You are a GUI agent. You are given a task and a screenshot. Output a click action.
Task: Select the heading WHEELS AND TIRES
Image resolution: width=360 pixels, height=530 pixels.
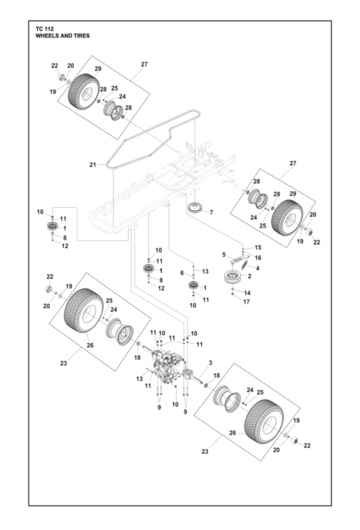coord(63,36)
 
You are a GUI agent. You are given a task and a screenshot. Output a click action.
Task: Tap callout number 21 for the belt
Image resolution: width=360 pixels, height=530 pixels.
coord(92,165)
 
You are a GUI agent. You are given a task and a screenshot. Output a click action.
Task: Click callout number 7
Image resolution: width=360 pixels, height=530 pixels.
coord(211,213)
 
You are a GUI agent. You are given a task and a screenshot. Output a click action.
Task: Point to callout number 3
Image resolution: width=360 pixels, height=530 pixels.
coord(210,363)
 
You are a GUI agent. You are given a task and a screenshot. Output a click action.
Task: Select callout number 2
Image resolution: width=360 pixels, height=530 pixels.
coord(250,276)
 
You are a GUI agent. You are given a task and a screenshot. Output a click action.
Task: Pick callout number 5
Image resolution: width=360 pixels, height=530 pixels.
coord(224,255)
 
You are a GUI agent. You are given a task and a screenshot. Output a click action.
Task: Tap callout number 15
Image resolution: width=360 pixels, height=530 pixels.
coord(258,248)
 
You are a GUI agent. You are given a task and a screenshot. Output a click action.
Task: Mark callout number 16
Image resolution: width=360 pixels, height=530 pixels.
coord(258,258)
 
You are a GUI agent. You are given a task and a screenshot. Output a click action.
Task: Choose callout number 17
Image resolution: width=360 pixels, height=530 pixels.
coord(247,302)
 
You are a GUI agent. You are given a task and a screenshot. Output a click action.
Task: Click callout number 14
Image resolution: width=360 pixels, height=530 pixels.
coord(247,293)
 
